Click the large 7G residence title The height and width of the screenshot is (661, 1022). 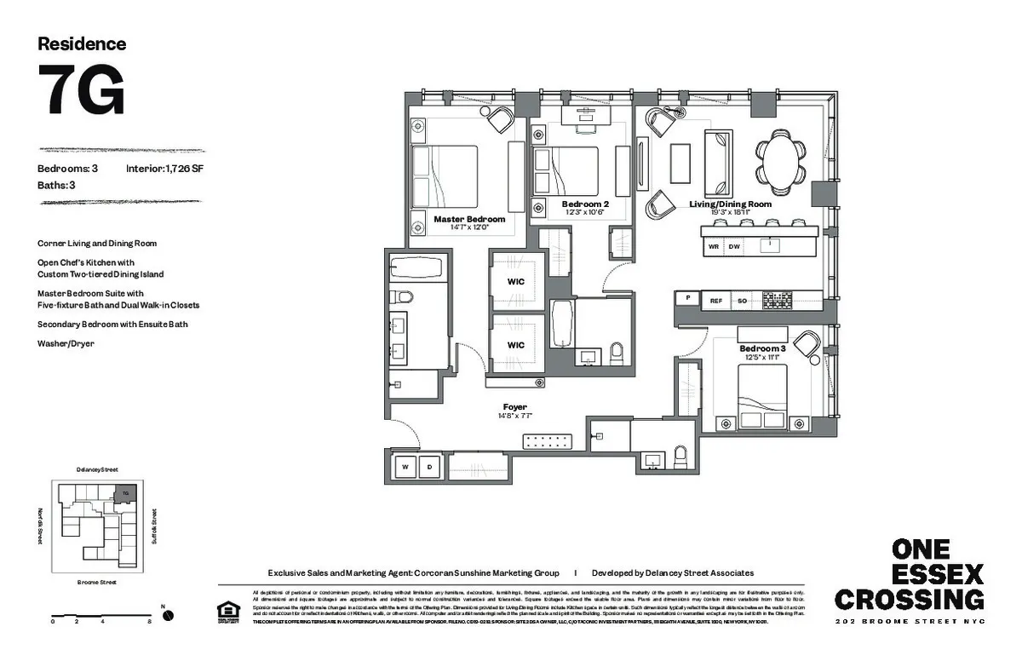(x=82, y=89)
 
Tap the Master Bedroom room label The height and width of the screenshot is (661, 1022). (x=469, y=220)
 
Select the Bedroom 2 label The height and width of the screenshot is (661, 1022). (x=585, y=204)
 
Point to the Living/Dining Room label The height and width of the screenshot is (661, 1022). (x=730, y=204)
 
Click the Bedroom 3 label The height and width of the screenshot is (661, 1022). (x=761, y=349)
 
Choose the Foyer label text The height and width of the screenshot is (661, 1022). (x=514, y=407)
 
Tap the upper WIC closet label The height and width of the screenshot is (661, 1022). (x=515, y=281)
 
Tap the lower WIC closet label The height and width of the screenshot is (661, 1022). (x=515, y=345)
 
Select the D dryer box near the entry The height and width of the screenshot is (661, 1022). (x=430, y=467)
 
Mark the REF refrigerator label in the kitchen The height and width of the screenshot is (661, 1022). (x=716, y=300)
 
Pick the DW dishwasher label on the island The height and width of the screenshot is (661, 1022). (x=733, y=246)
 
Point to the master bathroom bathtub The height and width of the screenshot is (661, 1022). (x=415, y=269)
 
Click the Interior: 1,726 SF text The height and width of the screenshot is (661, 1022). (x=164, y=169)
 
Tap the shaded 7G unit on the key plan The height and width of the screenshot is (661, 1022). (x=125, y=493)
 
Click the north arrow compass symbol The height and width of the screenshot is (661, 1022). (x=168, y=615)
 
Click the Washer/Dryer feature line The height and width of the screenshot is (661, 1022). (x=66, y=343)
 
